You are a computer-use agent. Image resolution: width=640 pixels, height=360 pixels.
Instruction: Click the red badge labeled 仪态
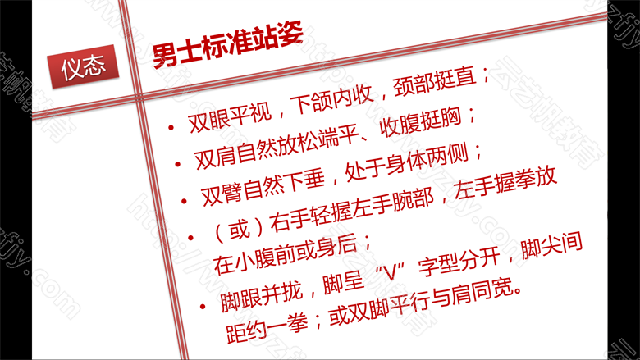click(x=83, y=66)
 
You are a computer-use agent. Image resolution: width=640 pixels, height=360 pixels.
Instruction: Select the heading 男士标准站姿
click(x=228, y=45)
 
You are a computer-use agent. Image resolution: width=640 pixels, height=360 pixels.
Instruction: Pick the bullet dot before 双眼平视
click(x=171, y=129)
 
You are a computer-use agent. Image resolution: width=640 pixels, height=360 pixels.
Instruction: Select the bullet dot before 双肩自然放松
click(x=177, y=164)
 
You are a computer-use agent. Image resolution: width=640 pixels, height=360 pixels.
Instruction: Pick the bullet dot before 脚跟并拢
click(x=203, y=306)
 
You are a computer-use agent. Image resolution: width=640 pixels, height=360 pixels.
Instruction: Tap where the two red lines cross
click(x=140, y=97)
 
